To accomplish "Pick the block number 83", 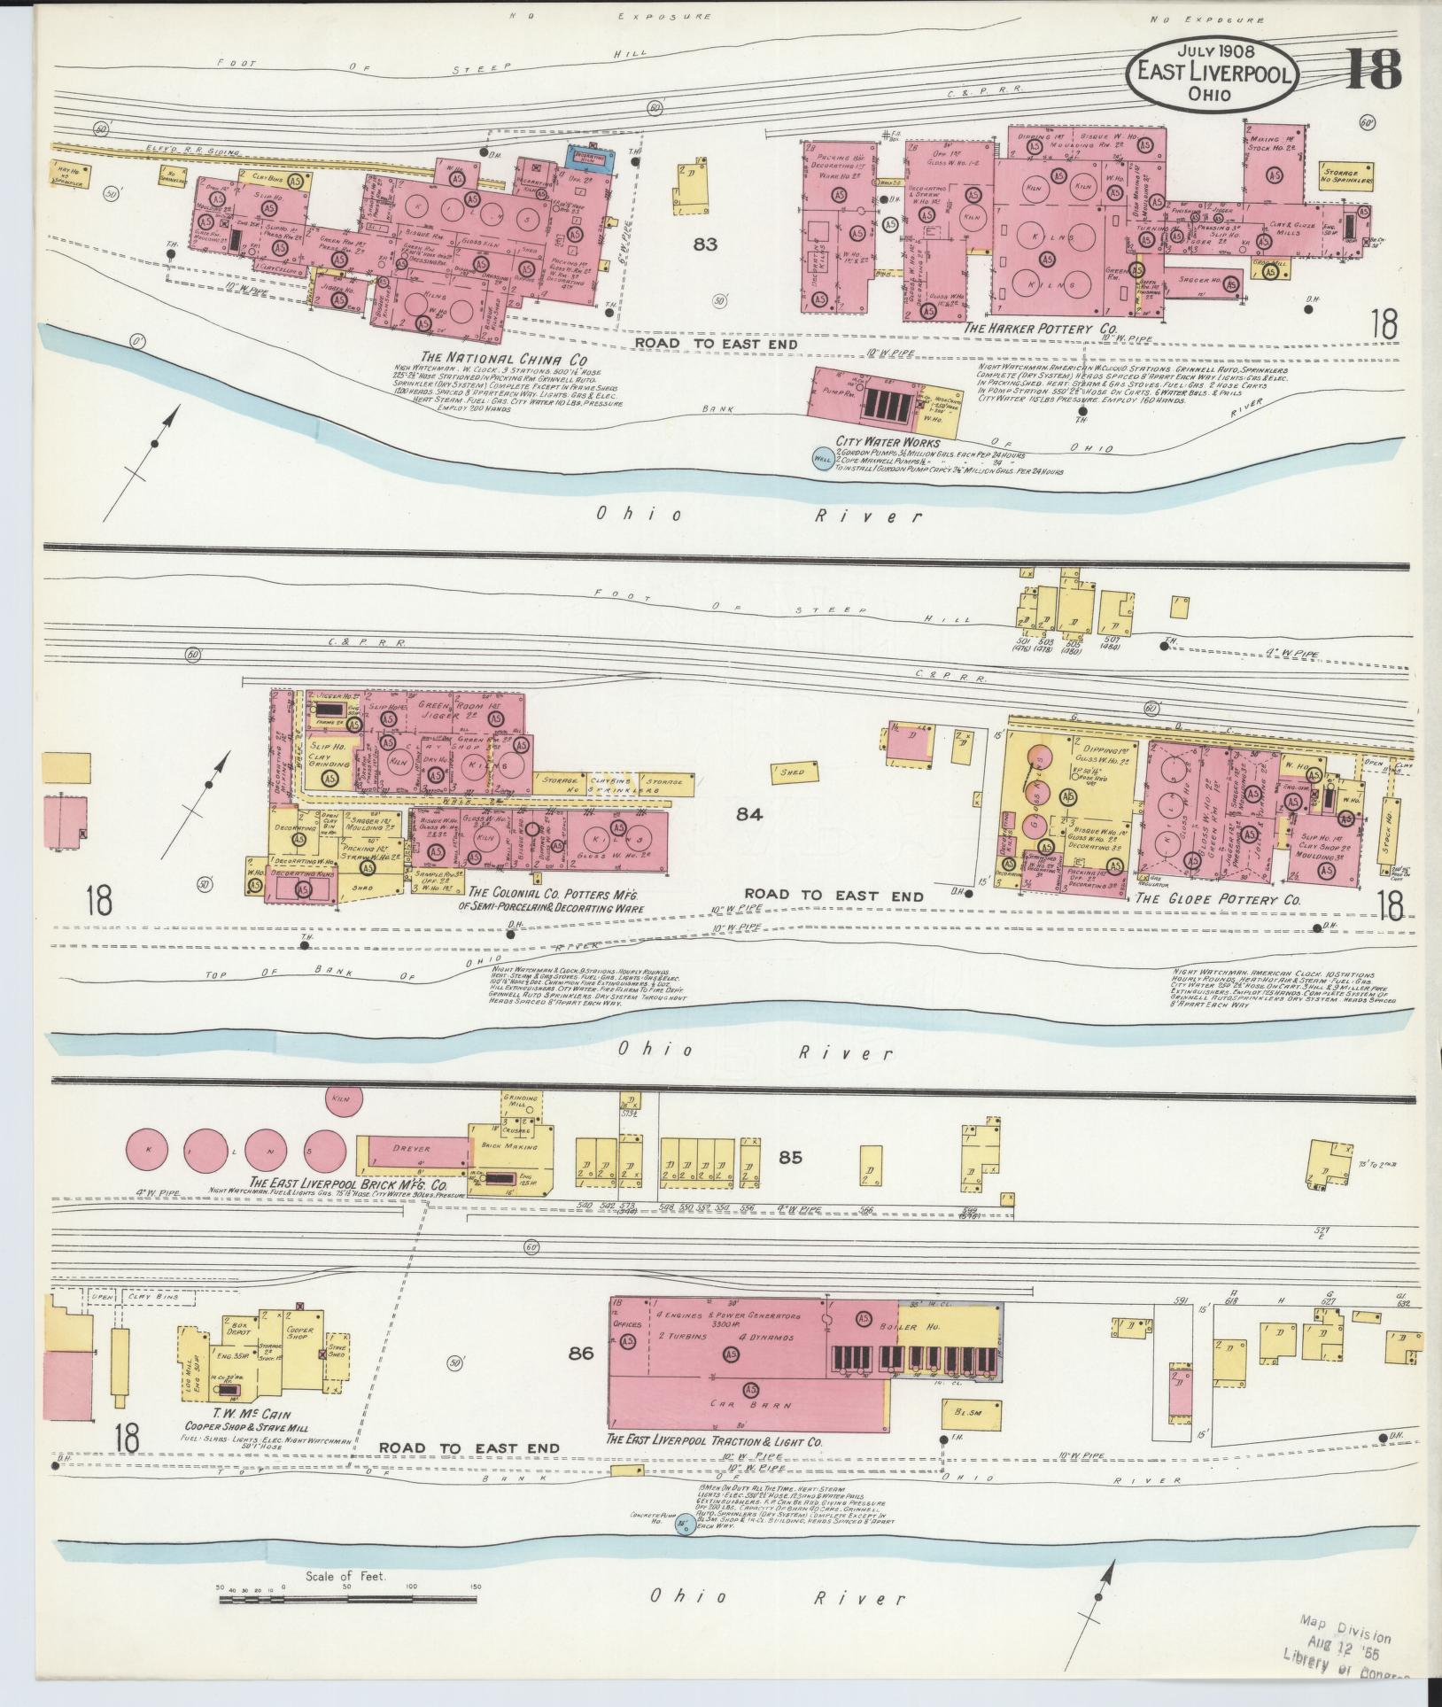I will coord(705,244).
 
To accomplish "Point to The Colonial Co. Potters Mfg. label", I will coord(554,893).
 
